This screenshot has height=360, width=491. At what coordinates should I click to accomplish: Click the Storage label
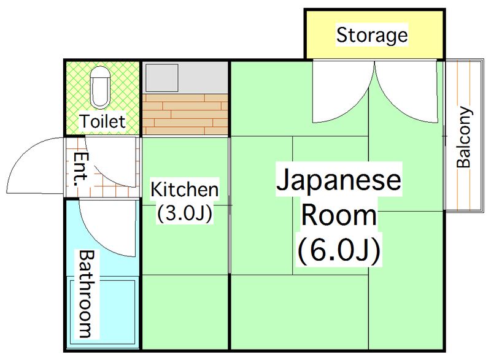[372, 35]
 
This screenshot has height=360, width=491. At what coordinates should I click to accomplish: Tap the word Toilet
[102, 121]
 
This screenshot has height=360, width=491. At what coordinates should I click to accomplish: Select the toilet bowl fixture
[101, 86]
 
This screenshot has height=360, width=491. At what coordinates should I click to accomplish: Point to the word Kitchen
[184, 189]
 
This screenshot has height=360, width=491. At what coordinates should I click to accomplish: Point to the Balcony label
[464, 139]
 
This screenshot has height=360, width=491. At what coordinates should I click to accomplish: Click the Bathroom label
[85, 294]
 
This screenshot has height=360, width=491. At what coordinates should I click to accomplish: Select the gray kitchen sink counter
[185, 77]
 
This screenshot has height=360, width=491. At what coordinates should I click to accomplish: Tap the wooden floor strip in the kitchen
[185, 113]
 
